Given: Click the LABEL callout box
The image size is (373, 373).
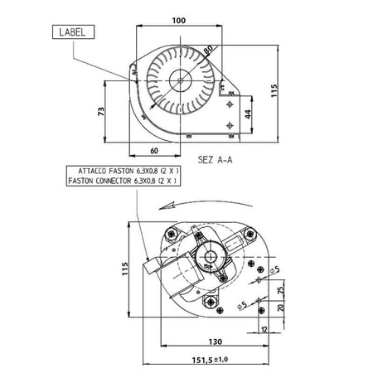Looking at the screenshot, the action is click(x=73, y=31).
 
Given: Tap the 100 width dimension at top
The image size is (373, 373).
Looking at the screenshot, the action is click(x=179, y=21).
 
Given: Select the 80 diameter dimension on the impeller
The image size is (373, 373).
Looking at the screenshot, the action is click(x=208, y=50).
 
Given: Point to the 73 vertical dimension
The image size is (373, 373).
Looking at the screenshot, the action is click(x=101, y=111).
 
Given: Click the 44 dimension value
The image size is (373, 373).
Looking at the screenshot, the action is click(x=248, y=114).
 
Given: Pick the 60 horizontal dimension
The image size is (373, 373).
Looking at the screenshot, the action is click(x=154, y=151).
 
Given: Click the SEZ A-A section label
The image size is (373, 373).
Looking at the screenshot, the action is click(x=215, y=160).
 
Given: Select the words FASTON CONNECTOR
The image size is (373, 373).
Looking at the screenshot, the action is click(x=99, y=181).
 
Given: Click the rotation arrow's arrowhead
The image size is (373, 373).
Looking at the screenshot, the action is click(x=167, y=206).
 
